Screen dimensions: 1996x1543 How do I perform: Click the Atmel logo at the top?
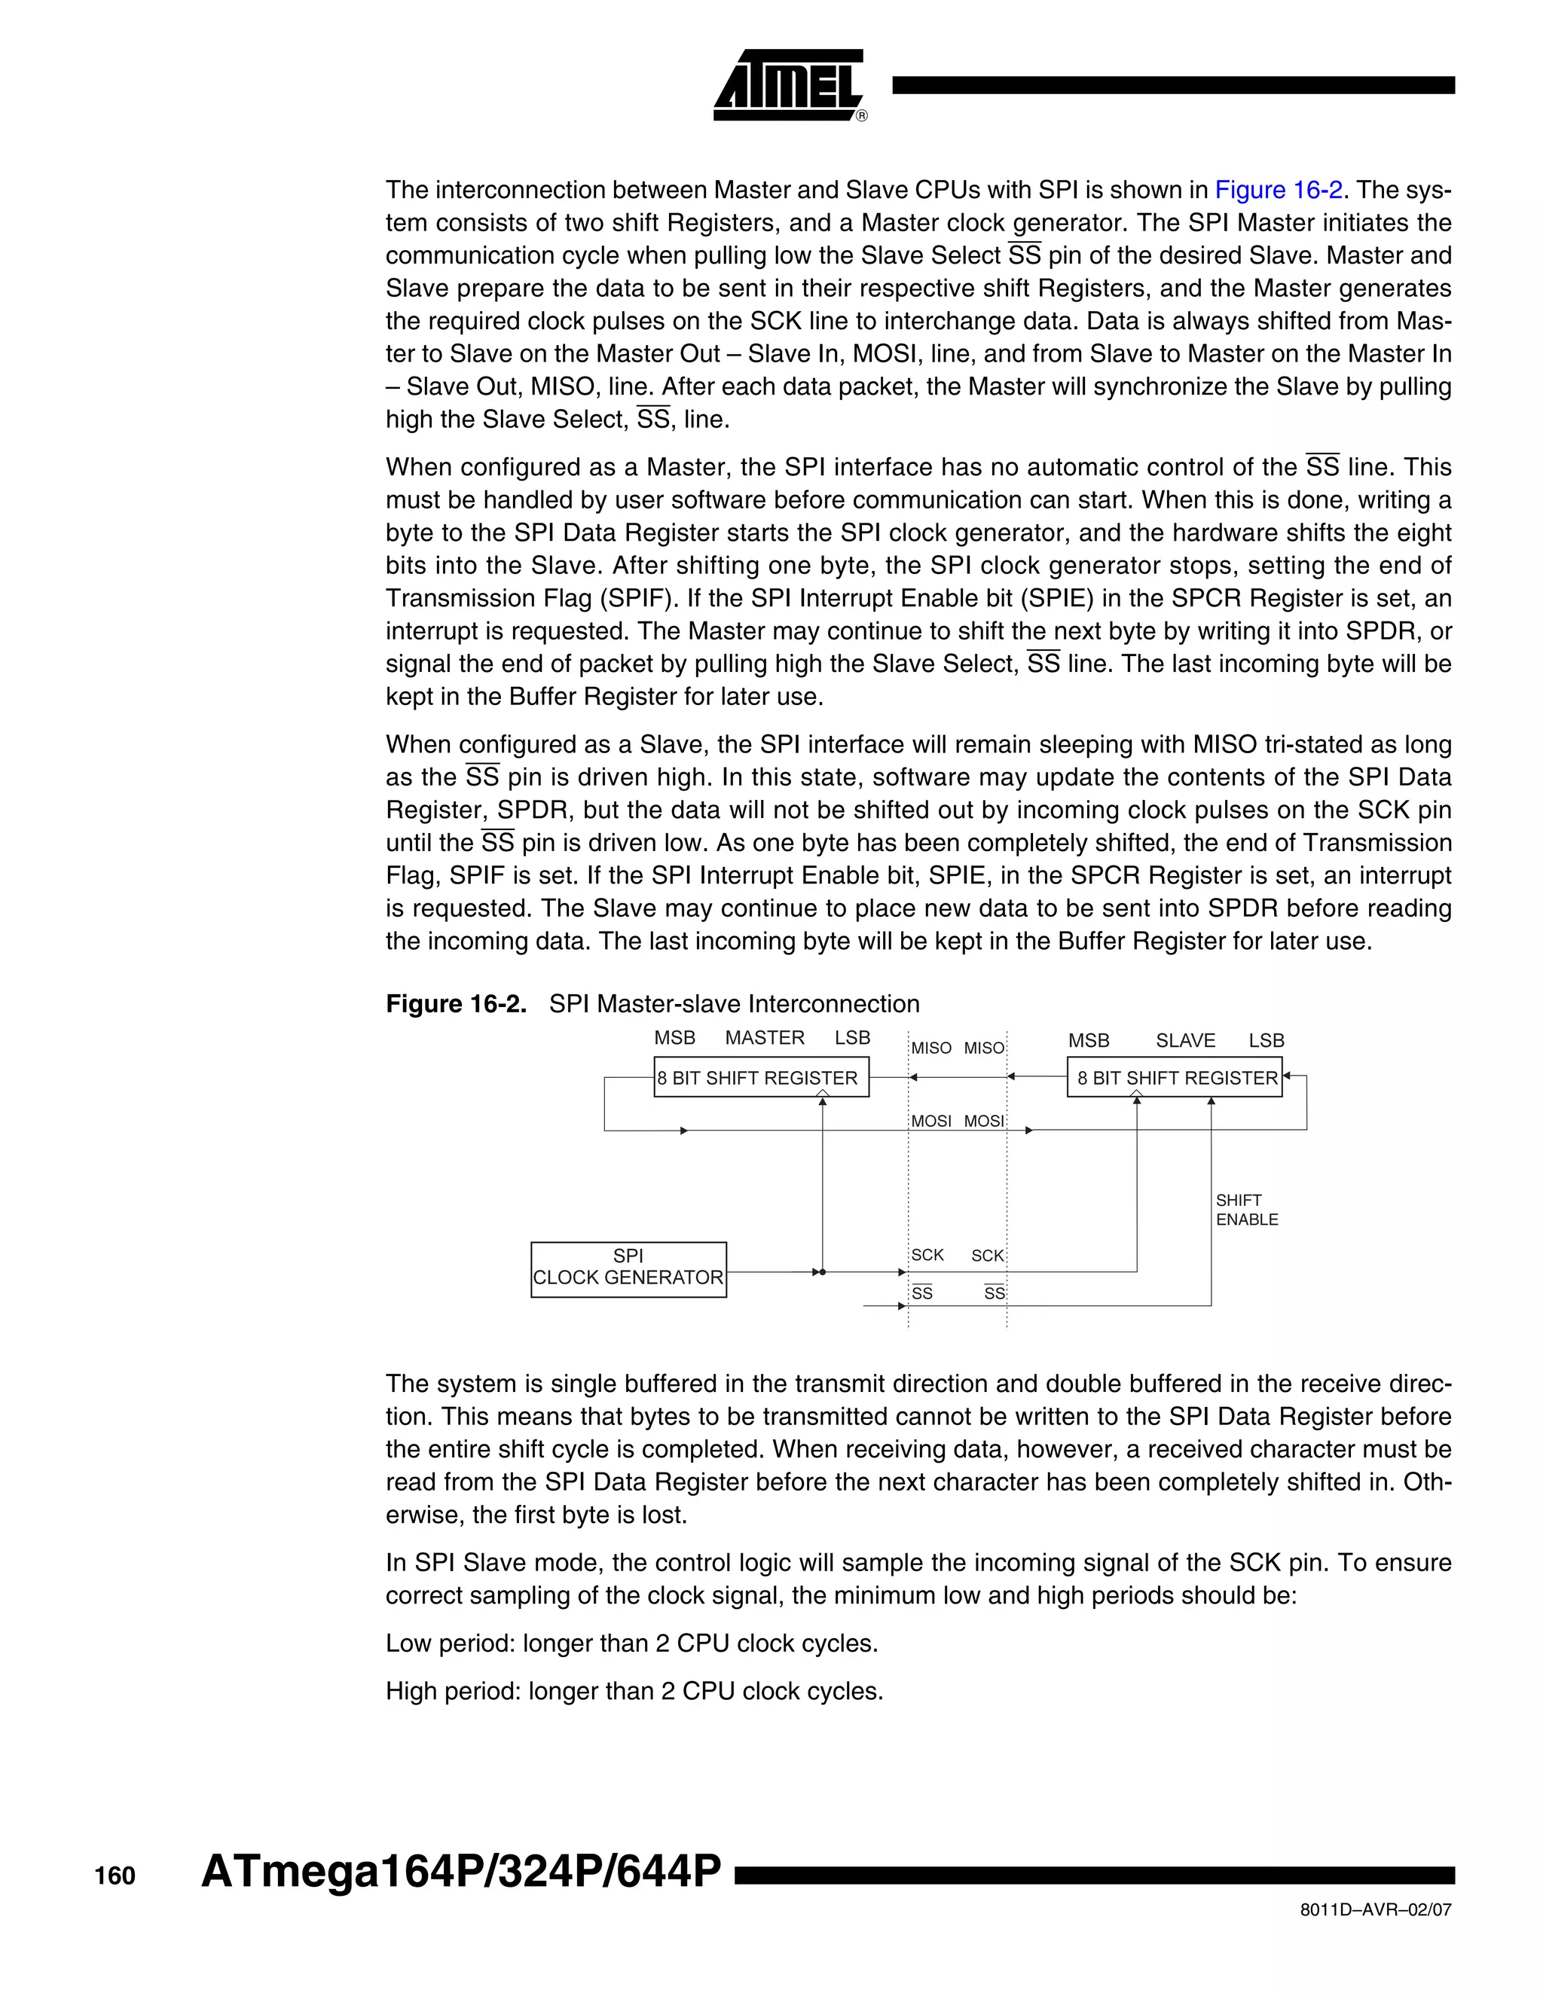(x=788, y=85)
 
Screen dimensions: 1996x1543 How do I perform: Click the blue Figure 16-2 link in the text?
(x=1278, y=190)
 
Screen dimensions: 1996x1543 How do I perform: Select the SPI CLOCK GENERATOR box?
(x=628, y=1268)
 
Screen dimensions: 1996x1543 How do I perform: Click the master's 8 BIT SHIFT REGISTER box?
(x=760, y=1078)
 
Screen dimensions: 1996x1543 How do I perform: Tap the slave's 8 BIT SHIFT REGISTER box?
(x=1175, y=1078)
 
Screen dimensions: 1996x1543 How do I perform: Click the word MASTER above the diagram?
(x=764, y=1038)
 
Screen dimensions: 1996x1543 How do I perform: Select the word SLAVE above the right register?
(x=1184, y=1041)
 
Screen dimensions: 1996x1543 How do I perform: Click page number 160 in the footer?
(x=115, y=1875)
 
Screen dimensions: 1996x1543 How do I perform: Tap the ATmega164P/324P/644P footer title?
(x=460, y=1871)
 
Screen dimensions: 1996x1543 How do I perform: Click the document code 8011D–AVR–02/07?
(x=1375, y=1910)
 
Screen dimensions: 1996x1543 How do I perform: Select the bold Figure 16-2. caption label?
(x=455, y=1004)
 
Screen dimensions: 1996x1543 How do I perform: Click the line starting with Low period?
(x=631, y=1643)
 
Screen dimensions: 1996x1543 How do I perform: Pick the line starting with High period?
(x=634, y=1691)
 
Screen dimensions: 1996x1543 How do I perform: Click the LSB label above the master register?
(x=852, y=1038)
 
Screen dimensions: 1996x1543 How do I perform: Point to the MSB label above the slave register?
(x=1089, y=1041)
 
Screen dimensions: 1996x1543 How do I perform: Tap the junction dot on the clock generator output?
(x=823, y=1272)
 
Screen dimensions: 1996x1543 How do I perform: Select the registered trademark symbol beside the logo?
(x=861, y=116)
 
